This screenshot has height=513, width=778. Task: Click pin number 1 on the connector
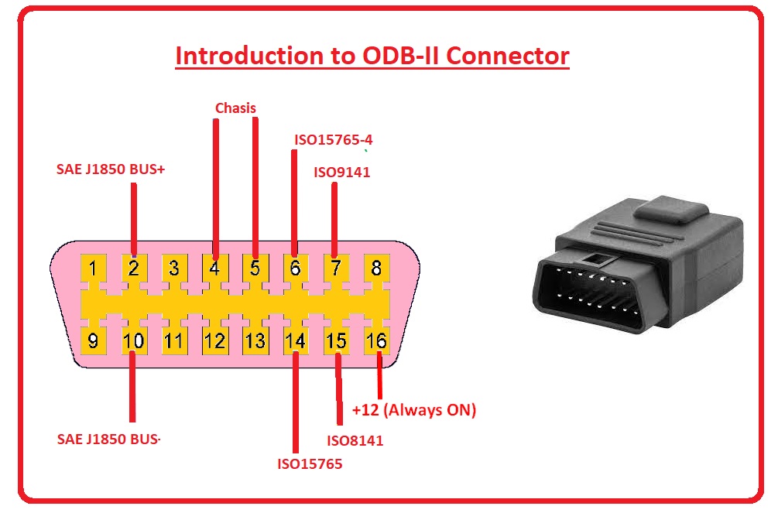[x=93, y=269]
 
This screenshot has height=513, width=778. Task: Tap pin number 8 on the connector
[x=376, y=269]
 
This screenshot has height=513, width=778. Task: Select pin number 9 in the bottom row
[x=93, y=340]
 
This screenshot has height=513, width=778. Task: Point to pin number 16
[x=376, y=340]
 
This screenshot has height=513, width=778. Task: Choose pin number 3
[x=174, y=269]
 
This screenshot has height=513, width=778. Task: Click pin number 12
[x=214, y=340]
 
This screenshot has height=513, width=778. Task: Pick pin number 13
[x=255, y=340]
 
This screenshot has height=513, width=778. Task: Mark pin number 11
[x=174, y=340]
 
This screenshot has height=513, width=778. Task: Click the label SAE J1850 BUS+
[x=111, y=168]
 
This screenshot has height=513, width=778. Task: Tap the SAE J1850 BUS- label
[x=109, y=439]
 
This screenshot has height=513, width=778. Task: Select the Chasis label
[x=235, y=108]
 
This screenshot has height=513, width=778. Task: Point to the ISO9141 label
[x=341, y=172]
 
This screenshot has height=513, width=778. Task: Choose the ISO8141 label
[x=355, y=441]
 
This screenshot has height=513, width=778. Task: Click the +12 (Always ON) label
[x=413, y=410]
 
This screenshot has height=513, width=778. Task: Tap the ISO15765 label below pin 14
[x=310, y=464]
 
